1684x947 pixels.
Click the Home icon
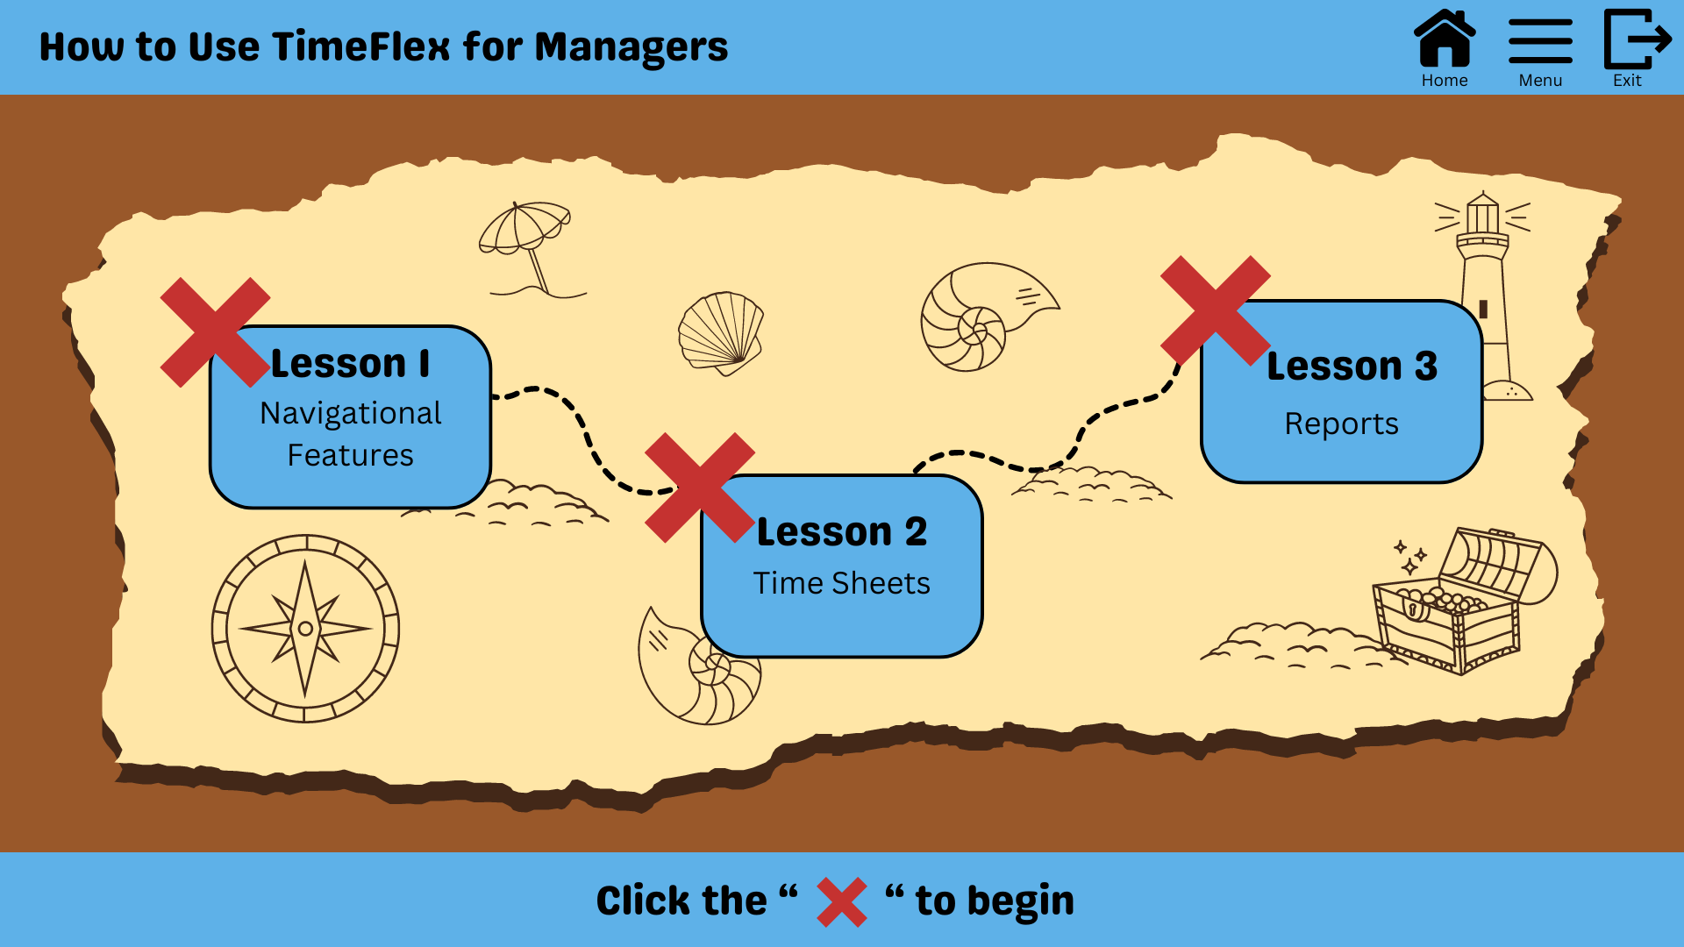(1445, 39)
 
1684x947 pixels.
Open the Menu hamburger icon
(1540, 41)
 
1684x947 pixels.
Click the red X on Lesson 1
(215, 332)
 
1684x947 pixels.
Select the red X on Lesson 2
(699, 487)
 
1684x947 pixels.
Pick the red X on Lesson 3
(1215, 310)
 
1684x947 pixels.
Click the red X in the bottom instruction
(842, 902)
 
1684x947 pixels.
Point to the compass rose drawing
(305, 628)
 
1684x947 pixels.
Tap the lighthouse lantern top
(1482, 213)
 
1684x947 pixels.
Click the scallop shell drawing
(721, 331)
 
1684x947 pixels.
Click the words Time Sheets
(841, 583)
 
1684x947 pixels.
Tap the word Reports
(1341, 424)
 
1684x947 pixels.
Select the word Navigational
(351, 413)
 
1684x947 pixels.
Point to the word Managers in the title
(631, 46)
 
